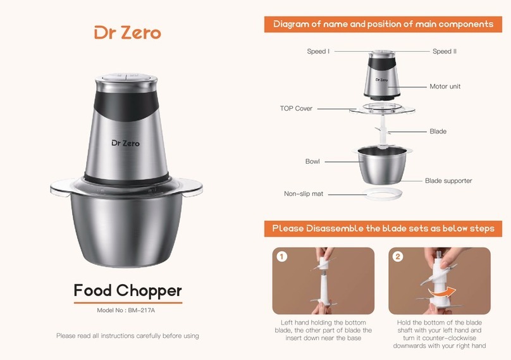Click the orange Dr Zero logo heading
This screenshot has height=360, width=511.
128,33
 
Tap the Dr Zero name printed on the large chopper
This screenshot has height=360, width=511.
125,143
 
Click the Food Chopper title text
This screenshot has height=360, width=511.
128,290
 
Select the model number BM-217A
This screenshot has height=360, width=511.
142,310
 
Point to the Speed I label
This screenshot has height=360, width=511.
318,51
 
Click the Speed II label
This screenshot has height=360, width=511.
445,51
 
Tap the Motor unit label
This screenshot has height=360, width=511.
445,87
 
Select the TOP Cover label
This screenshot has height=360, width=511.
296,108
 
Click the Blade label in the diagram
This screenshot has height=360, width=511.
438,132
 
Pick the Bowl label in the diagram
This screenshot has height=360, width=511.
312,161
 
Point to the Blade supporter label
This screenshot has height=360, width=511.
448,181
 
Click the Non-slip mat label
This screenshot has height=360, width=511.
304,194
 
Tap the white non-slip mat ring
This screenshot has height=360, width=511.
383,190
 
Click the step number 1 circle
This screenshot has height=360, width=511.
282,256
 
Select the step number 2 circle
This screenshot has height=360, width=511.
398,256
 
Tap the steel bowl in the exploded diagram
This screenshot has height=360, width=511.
382,165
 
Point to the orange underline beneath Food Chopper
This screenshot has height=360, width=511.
128,302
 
